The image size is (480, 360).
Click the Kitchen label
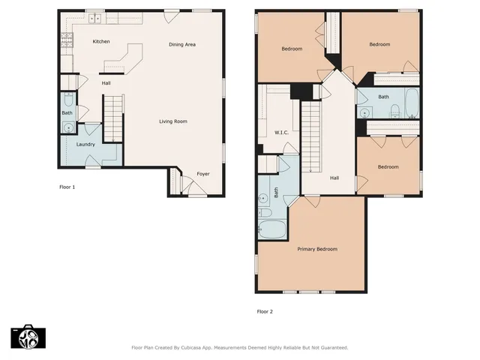coord(101,41)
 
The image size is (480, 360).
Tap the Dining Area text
coord(182,45)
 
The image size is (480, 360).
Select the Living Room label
coord(172,121)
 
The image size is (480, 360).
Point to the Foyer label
coord(203,174)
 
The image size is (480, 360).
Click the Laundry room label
coord(86,144)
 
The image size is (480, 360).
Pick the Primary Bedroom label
coord(316,249)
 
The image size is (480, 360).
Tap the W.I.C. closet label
coord(282,133)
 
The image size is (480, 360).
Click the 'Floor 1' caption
coord(67,187)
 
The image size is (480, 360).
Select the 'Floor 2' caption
coord(265,311)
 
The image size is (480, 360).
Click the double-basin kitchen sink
coord(94,17)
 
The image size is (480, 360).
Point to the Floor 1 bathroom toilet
coord(67,100)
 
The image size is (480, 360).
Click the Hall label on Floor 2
coord(334,178)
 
